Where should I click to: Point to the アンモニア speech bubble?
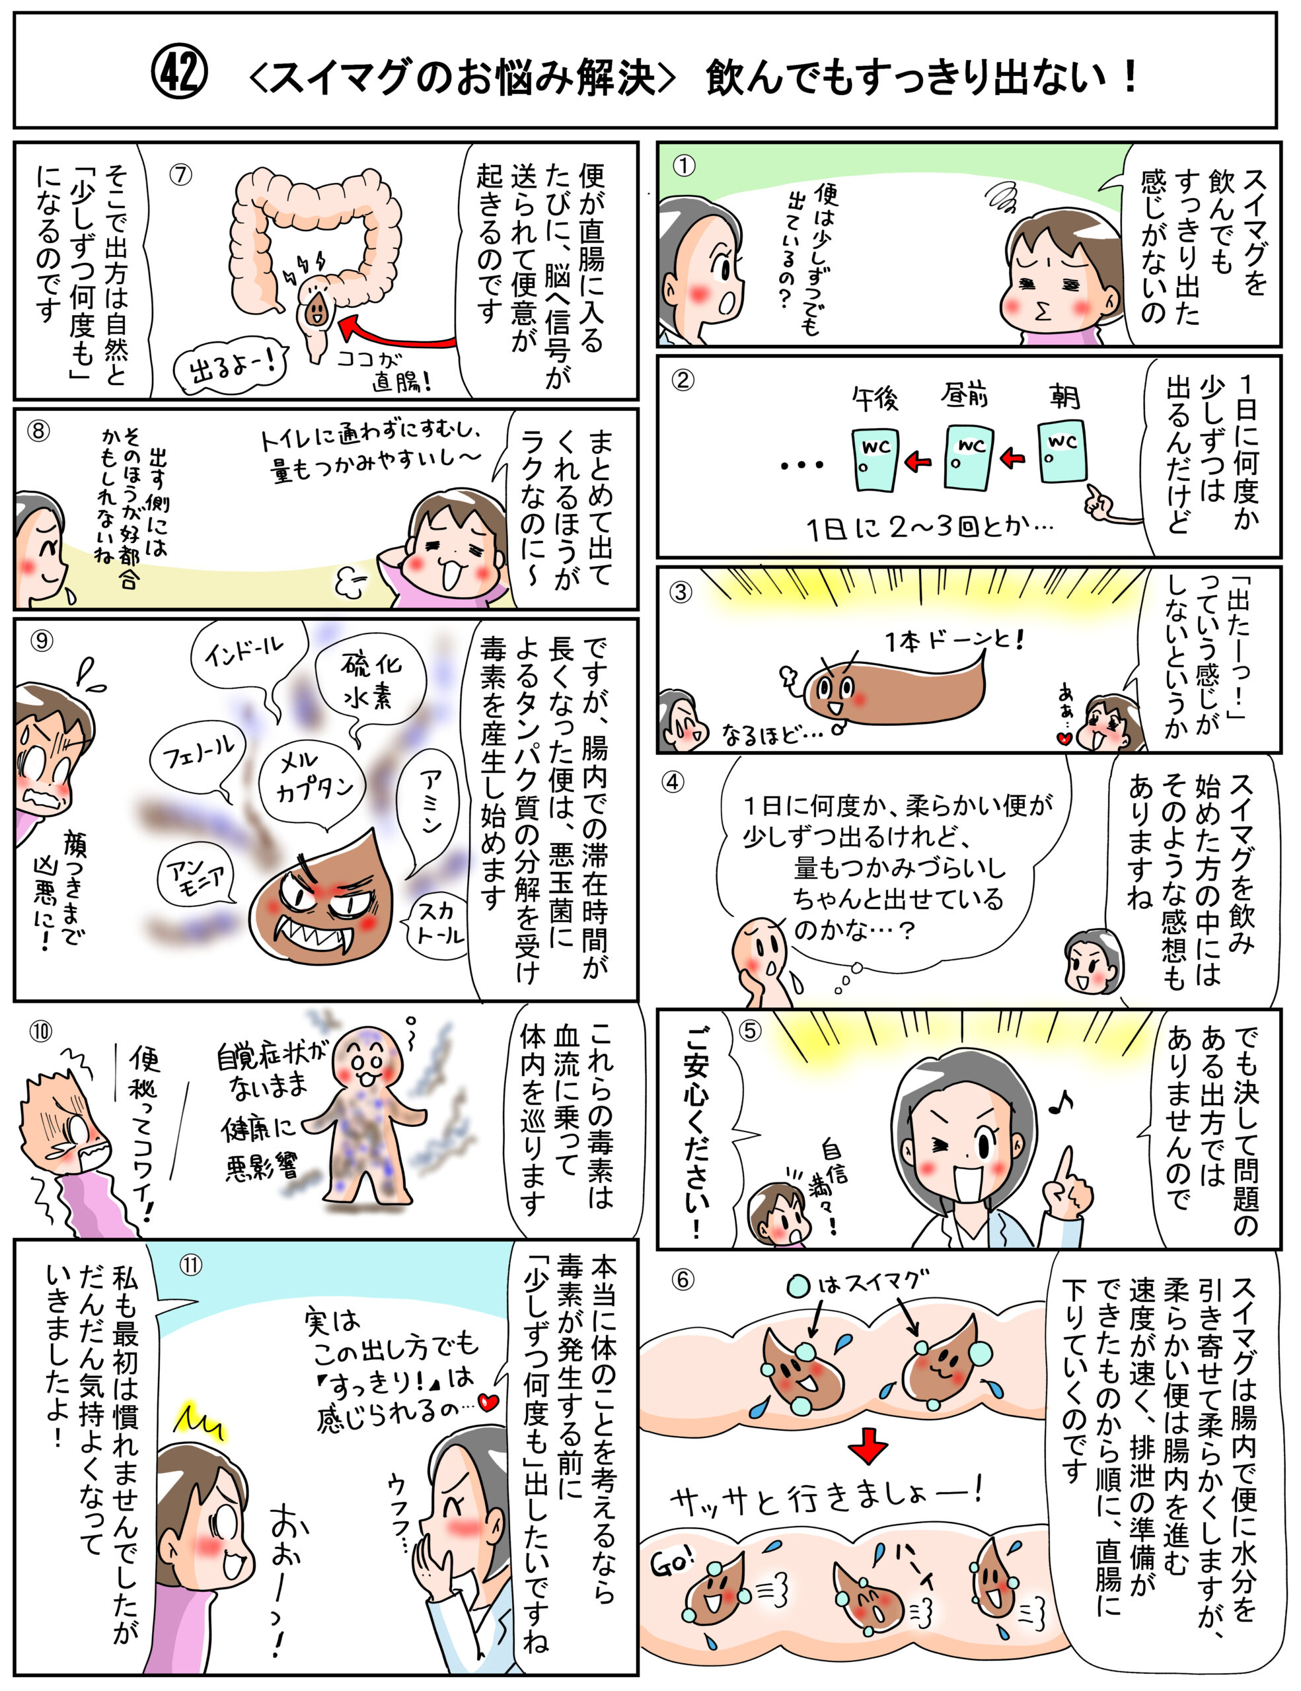pyautogui.click(x=197, y=878)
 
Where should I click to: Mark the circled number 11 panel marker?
pyautogui.click(x=190, y=1264)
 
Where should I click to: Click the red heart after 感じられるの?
pyautogui.click(x=488, y=1402)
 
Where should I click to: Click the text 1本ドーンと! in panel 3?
pyautogui.click(x=955, y=639)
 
